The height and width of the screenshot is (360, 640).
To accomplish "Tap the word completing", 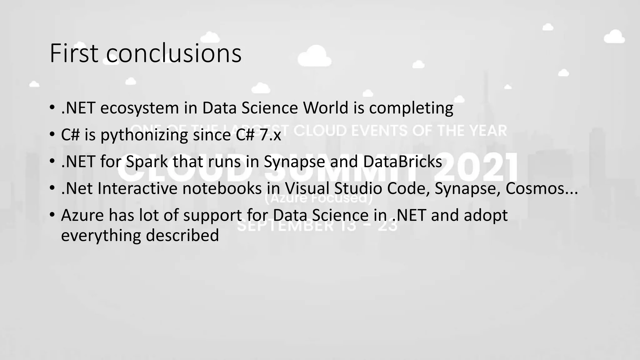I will tap(411, 108).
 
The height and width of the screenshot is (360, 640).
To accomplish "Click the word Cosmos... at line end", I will tap(541, 188).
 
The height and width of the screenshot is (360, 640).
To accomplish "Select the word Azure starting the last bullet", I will tap(82, 215).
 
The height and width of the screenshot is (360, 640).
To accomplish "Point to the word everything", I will tap(101, 235).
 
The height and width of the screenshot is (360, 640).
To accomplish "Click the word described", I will tap(182, 235).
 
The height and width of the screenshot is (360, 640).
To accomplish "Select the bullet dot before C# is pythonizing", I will tap(52, 135).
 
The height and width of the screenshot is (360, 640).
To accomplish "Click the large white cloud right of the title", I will tap(314, 56).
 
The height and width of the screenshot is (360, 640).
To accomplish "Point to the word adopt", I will tap(485, 215).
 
